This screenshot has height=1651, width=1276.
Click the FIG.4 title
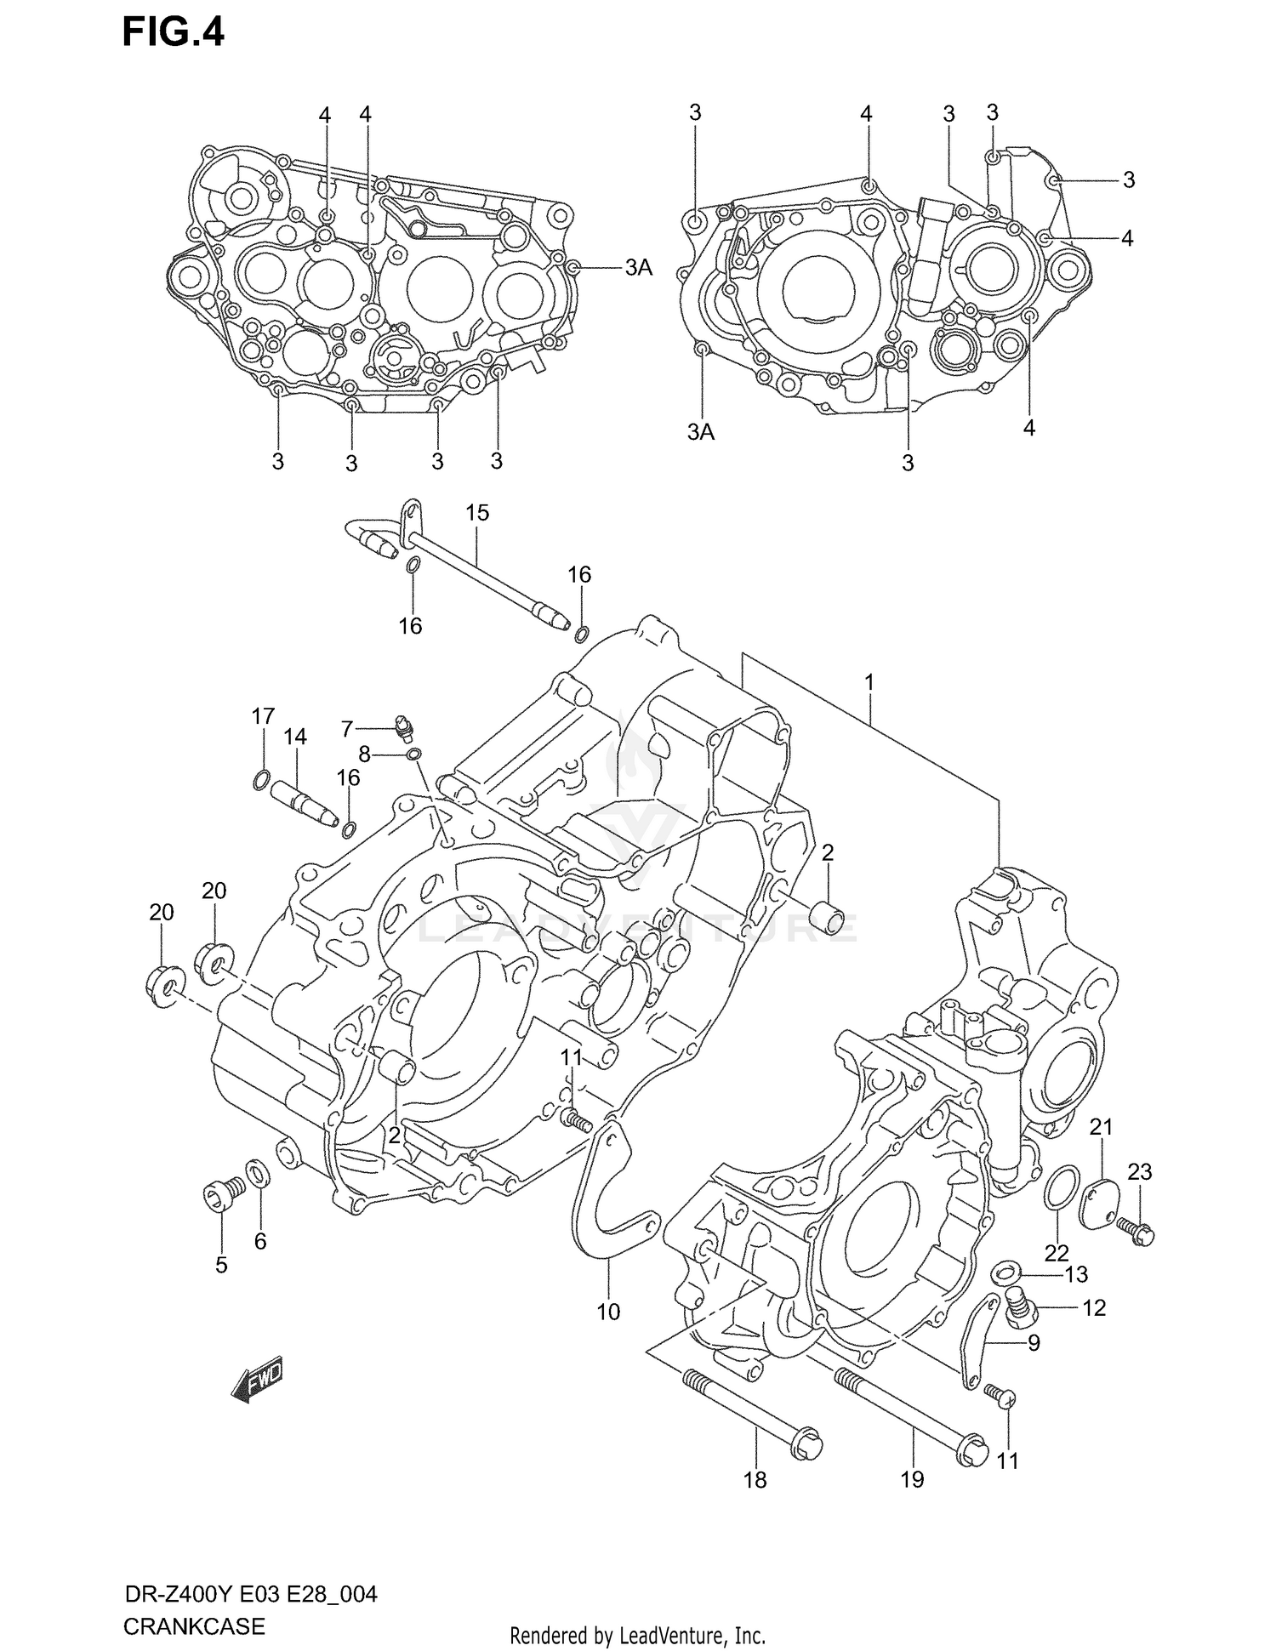pyautogui.click(x=174, y=33)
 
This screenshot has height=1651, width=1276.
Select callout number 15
pyautogui.click(x=477, y=513)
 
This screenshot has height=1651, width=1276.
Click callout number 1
pyautogui.click(x=869, y=682)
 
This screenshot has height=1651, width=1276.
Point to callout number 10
pyautogui.click(x=608, y=1312)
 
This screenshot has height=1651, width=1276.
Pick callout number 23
pyautogui.click(x=1139, y=1171)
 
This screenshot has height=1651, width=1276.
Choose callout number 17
pyautogui.click(x=263, y=716)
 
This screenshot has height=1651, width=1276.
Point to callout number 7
pyautogui.click(x=346, y=729)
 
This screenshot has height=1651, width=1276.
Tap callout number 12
pyautogui.click(x=1093, y=1308)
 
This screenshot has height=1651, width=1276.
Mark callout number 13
pyautogui.click(x=1076, y=1274)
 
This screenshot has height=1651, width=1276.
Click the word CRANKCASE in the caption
pyautogui.click(x=194, y=1626)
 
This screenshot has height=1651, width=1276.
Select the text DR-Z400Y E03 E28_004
pyautogui.click(x=250, y=1593)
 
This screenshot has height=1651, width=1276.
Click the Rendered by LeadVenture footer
pyautogui.click(x=637, y=1635)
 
